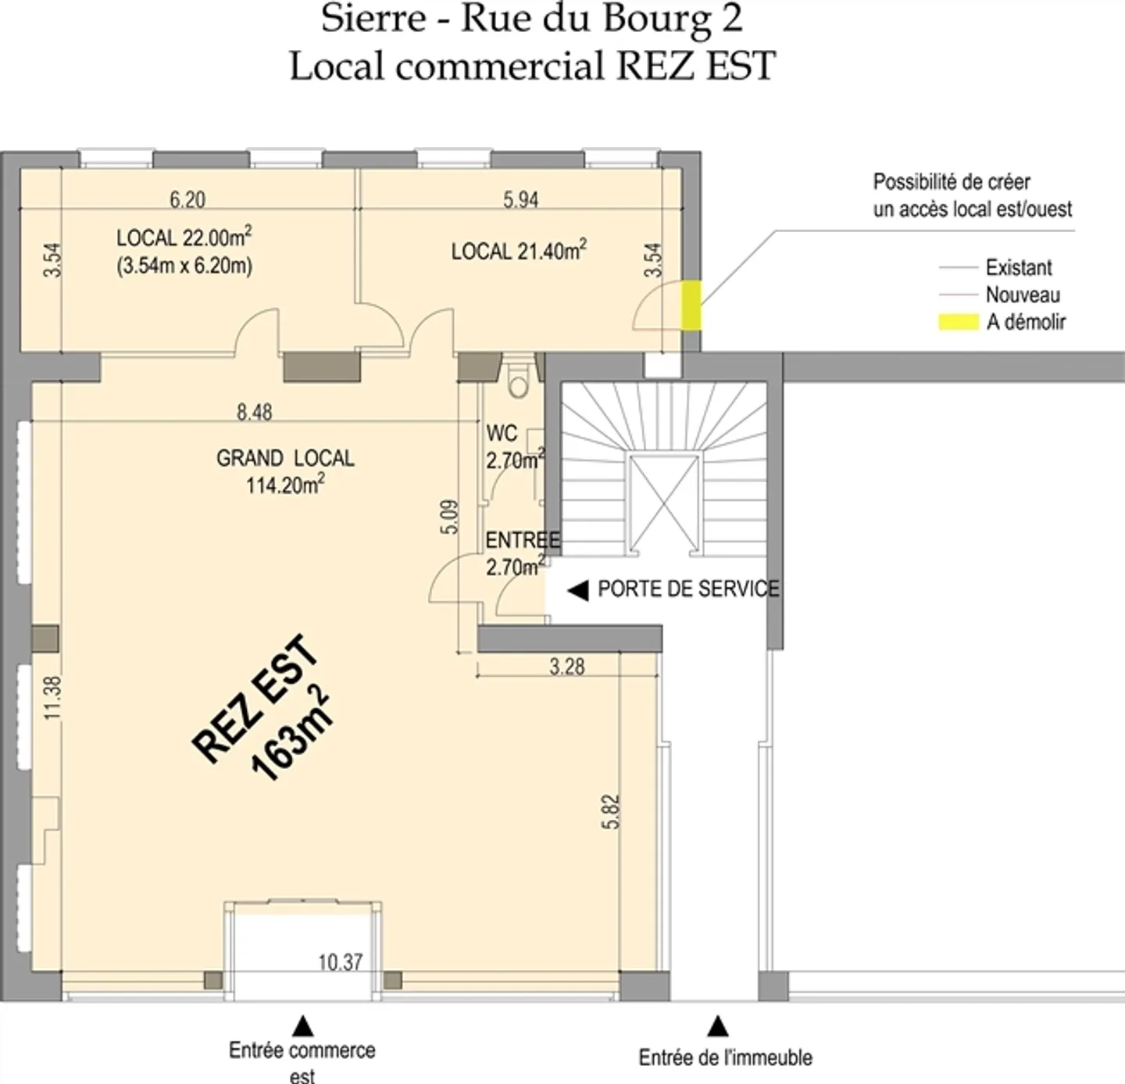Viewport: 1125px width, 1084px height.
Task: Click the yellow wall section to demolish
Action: coord(691,306)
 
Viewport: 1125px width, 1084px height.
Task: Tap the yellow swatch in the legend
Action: coord(958,322)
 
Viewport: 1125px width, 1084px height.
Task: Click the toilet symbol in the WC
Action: coord(517,381)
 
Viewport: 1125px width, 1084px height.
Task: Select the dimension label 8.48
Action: coord(255,412)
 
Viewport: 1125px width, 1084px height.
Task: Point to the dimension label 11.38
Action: coord(52,698)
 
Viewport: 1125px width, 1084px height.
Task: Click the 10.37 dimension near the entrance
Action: coord(341,962)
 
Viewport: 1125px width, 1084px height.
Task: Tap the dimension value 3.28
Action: coord(566,667)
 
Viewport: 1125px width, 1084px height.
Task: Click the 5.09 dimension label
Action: coord(450,517)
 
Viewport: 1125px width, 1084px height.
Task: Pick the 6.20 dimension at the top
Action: coord(187,200)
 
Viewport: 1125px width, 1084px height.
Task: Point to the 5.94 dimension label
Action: coord(520,200)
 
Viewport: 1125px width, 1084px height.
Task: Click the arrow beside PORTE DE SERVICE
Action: coord(577,591)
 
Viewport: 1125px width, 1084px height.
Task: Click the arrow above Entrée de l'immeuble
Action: coord(718,1025)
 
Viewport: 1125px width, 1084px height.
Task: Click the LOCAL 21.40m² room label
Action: coord(519,251)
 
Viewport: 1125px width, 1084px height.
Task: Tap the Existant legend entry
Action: coord(1018,268)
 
